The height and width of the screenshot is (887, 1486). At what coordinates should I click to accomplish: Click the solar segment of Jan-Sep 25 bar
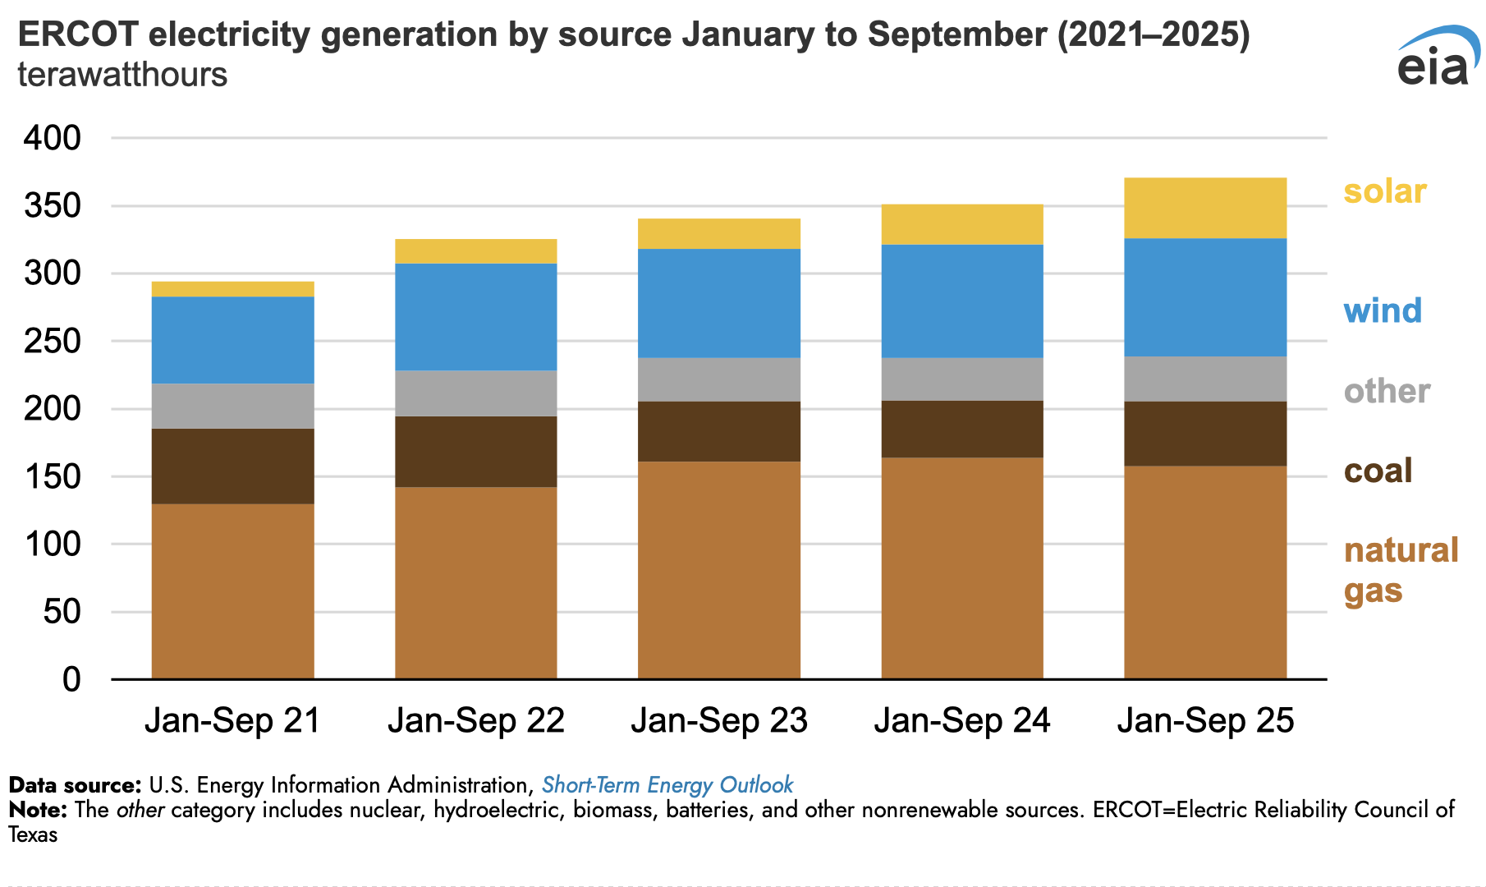(x=1204, y=208)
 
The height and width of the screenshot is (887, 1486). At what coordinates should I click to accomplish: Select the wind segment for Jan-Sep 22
(x=475, y=317)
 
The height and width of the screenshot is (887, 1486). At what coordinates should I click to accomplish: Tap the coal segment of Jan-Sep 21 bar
(x=232, y=466)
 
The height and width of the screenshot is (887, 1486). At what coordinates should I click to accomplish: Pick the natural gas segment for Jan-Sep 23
(x=718, y=570)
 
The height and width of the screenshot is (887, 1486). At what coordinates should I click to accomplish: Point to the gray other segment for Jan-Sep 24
(x=962, y=379)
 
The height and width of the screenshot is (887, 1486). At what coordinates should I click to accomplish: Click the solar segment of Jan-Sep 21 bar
(x=232, y=289)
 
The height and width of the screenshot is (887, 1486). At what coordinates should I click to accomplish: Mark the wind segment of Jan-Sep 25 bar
(x=1204, y=297)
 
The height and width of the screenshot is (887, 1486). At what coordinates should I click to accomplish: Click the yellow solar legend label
(x=1385, y=191)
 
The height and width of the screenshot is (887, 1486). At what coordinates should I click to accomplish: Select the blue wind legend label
(x=1383, y=310)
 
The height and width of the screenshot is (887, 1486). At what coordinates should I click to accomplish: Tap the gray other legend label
(x=1387, y=391)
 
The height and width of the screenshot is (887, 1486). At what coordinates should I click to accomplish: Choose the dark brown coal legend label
(x=1378, y=471)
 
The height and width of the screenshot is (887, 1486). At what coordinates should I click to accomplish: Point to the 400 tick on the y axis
(x=53, y=138)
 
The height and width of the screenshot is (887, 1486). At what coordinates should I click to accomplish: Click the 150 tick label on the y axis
(x=53, y=476)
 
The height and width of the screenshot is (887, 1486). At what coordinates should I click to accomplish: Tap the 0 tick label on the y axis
(x=72, y=679)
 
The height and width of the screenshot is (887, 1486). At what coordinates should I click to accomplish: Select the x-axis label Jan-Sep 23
(x=719, y=720)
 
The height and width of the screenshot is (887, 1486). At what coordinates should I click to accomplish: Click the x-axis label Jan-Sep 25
(x=1205, y=720)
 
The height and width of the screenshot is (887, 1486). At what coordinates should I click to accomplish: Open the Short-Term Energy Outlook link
(x=667, y=785)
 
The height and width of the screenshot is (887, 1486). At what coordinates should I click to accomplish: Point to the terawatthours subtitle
(x=122, y=74)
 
